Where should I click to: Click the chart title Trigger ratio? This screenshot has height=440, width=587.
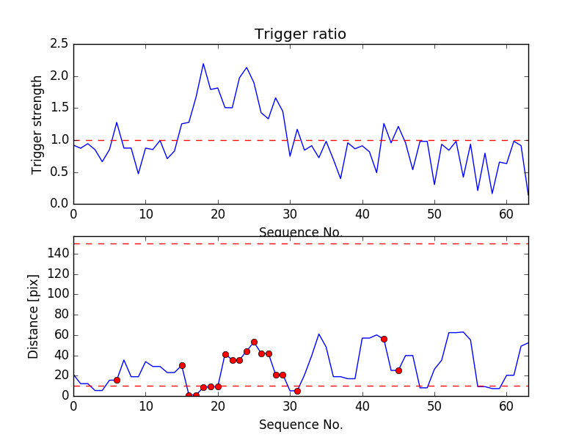tap(300, 34)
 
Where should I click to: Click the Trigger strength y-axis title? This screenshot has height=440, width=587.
tap(37, 124)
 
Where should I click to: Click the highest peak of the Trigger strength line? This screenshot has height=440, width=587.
tap(203, 64)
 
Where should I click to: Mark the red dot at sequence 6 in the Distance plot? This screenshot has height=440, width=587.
tap(117, 380)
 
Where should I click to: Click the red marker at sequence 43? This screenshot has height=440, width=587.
tap(384, 339)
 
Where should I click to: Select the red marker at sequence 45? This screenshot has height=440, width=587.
tap(398, 370)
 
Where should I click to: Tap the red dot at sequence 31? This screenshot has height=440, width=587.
tap(297, 391)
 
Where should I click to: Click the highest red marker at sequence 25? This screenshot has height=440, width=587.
tap(254, 342)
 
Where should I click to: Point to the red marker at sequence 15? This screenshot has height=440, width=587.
tap(182, 365)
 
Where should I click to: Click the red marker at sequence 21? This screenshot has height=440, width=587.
tap(225, 354)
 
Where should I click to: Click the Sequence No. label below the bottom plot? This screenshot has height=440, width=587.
tap(301, 425)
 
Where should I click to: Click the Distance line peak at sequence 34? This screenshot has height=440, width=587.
tap(318, 334)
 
